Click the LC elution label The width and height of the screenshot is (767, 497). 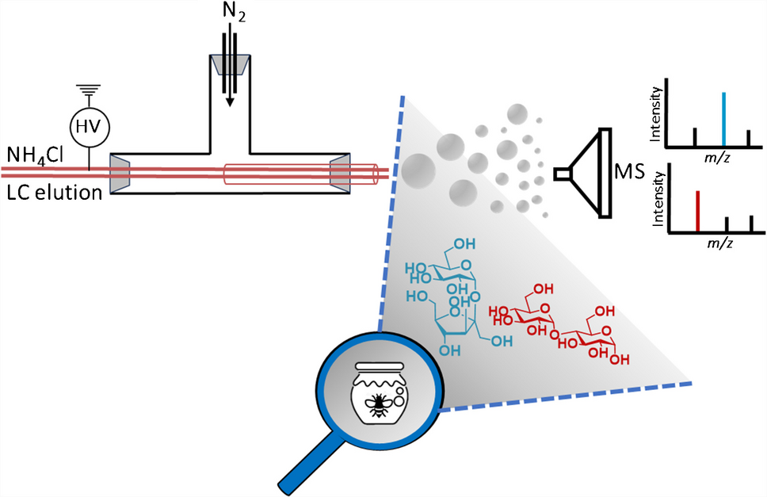pyautogui.click(x=52, y=190)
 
